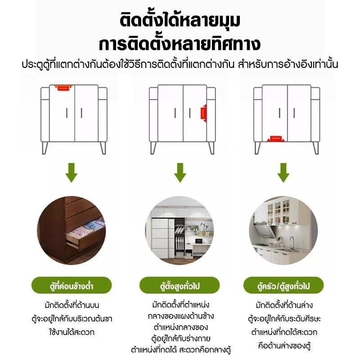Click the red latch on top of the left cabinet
point(63,88)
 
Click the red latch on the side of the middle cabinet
point(204,113)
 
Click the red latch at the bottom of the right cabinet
point(275,139)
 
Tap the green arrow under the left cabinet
point(72,173)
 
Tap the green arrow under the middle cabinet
point(180,173)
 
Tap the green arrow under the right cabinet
point(283,173)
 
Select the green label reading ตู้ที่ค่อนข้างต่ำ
point(72,285)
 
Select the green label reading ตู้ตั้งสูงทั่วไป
point(180,285)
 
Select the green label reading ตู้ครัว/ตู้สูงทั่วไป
point(283,285)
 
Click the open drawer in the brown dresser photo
point(85,234)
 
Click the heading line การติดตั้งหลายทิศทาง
point(180,44)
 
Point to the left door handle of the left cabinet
point(67,113)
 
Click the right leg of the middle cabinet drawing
point(211,148)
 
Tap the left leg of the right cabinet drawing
point(257,148)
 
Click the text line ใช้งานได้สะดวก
point(72,332)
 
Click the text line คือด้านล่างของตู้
point(284,346)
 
